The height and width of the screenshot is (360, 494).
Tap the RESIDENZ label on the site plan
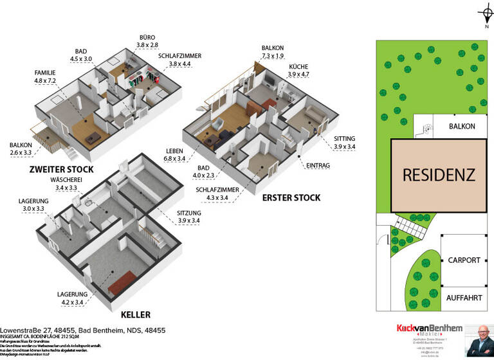[x=439, y=174]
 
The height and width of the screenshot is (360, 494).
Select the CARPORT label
[x=464, y=260]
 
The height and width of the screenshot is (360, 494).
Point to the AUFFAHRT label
[x=464, y=298]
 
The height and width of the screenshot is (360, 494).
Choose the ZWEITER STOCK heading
[x=62, y=170]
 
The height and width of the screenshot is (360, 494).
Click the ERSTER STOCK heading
[x=291, y=197]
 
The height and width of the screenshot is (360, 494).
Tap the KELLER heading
[x=136, y=315]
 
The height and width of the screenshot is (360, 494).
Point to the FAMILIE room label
[x=46, y=73]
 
